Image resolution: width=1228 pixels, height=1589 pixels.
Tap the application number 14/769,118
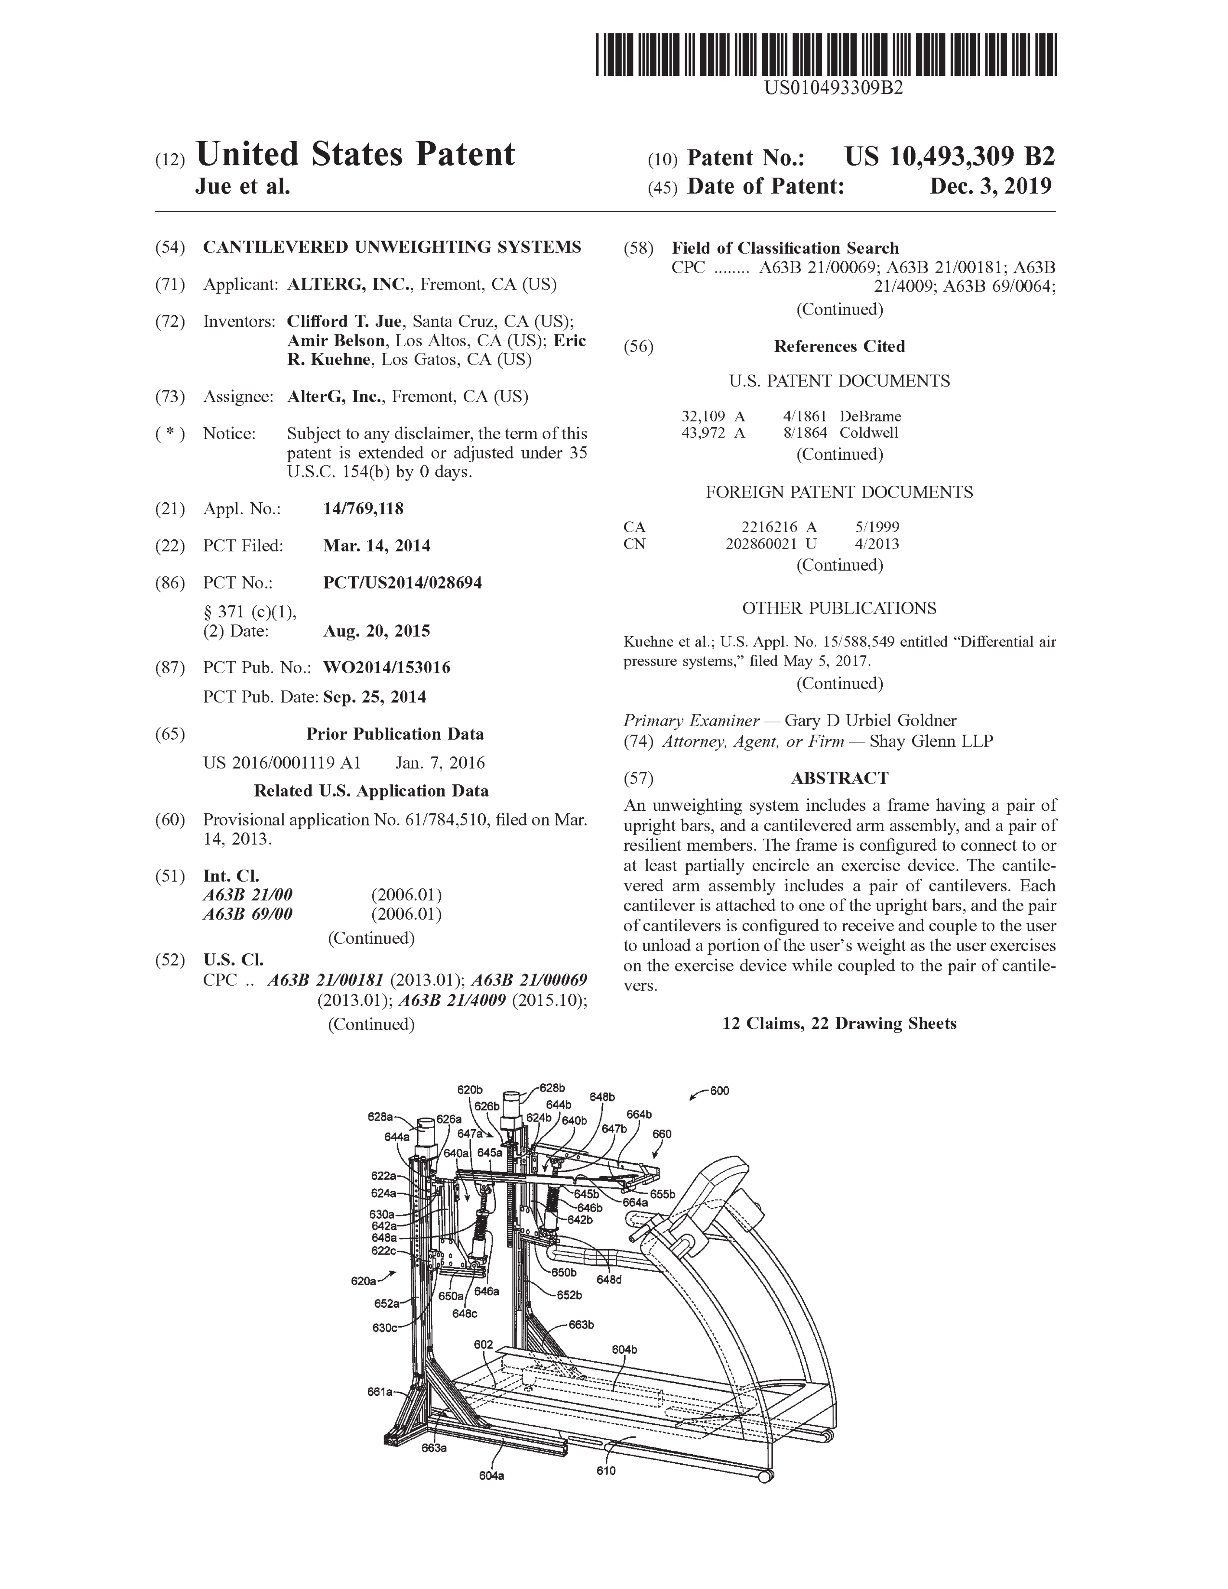click(363, 508)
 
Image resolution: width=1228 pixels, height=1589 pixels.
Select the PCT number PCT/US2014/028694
click(402, 583)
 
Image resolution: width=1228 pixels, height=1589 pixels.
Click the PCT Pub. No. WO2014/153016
click(386, 667)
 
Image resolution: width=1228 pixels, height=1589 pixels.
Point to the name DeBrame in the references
click(870, 416)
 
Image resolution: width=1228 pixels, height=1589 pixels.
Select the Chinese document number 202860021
click(760, 544)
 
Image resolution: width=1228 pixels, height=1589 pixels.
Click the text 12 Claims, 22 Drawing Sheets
click(839, 1023)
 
